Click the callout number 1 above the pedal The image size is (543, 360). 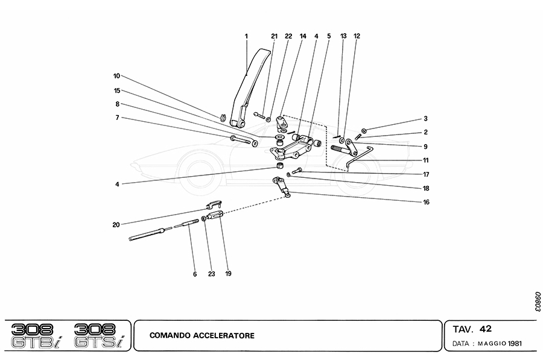pyautogui.click(x=247, y=36)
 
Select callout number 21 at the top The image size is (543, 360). pyautogui.click(x=274, y=36)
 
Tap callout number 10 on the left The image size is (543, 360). pyautogui.click(x=116, y=76)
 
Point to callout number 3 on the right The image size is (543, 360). pyautogui.click(x=425, y=119)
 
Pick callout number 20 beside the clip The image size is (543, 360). pyautogui.click(x=115, y=224)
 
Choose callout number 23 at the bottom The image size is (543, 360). pyautogui.click(x=212, y=274)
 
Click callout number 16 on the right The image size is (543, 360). pyautogui.click(x=425, y=202)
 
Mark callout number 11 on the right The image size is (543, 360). pyautogui.click(x=425, y=160)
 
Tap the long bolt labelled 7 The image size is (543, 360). pyautogui.click(x=243, y=141)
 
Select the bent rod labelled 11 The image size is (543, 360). pyautogui.click(x=357, y=156)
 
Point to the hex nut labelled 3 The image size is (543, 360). pyautogui.click(x=364, y=130)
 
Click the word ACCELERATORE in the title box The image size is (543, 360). pyautogui.click(x=226, y=335)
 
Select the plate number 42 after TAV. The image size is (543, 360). pyautogui.click(x=486, y=329)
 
